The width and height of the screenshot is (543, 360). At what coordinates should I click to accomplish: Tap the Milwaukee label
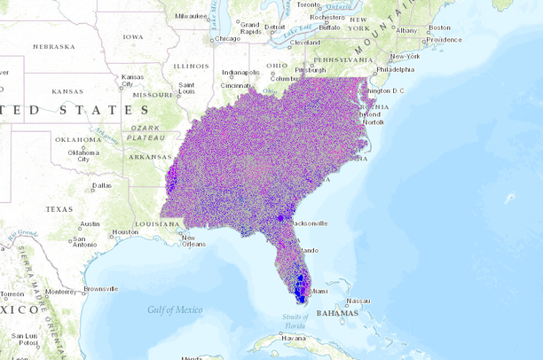tap(192, 15)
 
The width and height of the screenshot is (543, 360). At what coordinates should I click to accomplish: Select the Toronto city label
tap(308, 4)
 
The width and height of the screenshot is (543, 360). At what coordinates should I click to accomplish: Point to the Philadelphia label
tap(395, 69)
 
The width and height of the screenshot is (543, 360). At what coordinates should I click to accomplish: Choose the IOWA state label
tap(132, 36)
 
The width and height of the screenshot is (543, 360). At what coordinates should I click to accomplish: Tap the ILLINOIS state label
tap(191, 66)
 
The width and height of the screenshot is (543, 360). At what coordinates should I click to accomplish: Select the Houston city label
tap(124, 232)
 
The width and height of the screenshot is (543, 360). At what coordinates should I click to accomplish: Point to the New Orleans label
tap(187, 240)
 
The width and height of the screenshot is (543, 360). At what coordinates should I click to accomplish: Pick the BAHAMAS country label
tap(337, 313)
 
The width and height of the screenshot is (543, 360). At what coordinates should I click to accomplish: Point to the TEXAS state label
tap(59, 209)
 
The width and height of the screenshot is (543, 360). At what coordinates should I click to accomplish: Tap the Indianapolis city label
tap(240, 72)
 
